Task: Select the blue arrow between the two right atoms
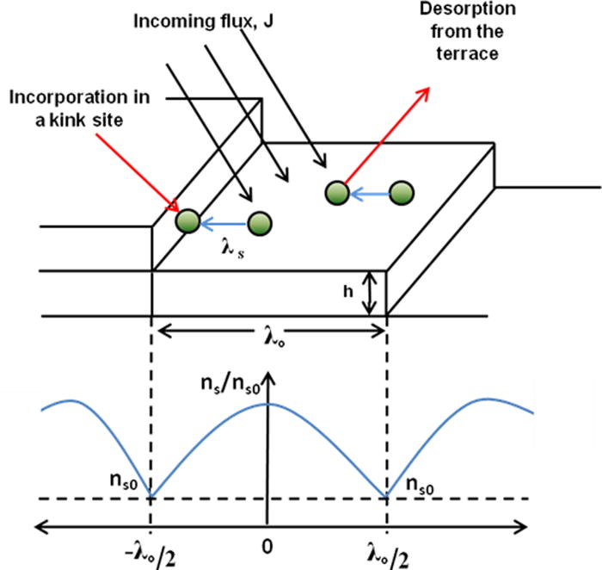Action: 370,194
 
